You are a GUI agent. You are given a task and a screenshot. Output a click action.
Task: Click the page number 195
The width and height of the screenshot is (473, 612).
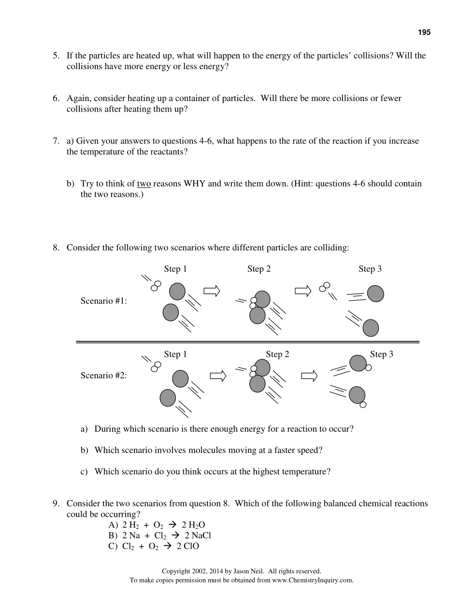pos(424,32)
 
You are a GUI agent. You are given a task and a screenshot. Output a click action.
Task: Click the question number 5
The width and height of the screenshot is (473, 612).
pos(56,56)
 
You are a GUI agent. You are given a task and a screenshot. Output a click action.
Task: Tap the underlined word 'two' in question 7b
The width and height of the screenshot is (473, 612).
pos(144,184)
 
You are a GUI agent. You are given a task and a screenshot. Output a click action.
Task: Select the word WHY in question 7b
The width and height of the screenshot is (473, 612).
pos(194,184)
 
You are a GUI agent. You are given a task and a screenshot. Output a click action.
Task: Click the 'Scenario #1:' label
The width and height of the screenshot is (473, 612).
pos(103,301)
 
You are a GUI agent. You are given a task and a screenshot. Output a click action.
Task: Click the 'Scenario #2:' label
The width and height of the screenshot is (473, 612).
pos(103,376)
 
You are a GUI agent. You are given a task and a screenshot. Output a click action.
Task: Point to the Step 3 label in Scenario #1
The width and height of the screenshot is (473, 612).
pos(370,269)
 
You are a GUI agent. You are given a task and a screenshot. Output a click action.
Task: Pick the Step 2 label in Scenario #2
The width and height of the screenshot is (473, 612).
pos(277,354)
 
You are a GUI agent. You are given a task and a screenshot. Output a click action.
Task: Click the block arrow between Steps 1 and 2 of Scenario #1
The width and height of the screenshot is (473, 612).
pos(212,291)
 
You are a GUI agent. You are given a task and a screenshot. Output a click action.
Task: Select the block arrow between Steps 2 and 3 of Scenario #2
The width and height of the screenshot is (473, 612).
pos(309,376)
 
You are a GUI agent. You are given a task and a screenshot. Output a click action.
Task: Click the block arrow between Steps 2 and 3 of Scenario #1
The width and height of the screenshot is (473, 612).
pos(303,291)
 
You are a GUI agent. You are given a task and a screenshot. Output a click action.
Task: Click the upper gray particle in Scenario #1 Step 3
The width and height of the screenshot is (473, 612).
pos(375,293)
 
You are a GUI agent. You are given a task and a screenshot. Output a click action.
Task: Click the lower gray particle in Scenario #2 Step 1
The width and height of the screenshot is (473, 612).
pos(168,398)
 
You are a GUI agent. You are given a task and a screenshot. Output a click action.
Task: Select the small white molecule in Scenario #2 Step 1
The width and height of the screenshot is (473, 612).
pos(156,366)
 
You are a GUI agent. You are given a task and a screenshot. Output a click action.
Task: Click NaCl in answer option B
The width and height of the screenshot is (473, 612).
pos(201,536)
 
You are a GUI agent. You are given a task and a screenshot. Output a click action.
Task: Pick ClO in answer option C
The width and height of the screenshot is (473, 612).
pos(191,546)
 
